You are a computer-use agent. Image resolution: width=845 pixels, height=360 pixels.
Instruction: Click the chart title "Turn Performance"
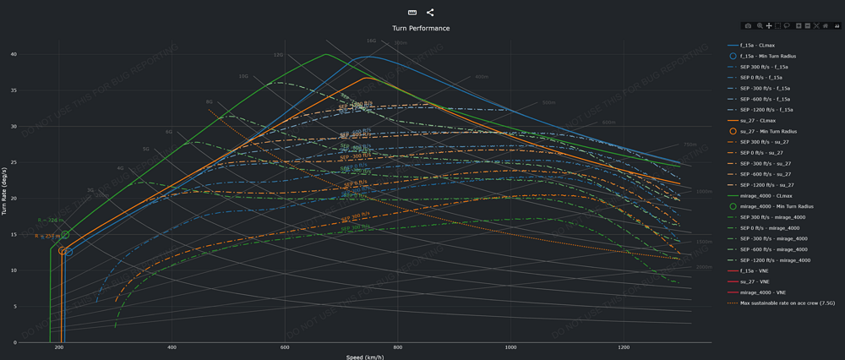pyautogui.click(x=421, y=28)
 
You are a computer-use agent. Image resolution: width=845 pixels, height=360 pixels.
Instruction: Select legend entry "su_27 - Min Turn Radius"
pyautogui.click(x=768, y=131)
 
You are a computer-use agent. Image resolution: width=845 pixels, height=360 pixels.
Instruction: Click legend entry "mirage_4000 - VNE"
pyautogui.click(x=762, y=292)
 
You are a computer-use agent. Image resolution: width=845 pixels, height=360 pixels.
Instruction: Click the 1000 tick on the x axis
pyautogui.click(x=510, y=348)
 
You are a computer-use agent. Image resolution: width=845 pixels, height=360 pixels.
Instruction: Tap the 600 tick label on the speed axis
pyautogui.click(x=285, y=348)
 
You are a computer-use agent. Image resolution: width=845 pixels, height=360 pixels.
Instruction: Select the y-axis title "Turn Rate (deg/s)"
pyautogui.click(x=4, y=198)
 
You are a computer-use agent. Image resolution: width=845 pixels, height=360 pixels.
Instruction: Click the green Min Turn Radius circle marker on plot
pyautogui.click(x=65, y=235)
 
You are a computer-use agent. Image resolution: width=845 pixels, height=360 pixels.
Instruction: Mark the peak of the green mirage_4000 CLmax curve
pyautogui.click(x=326, y=55)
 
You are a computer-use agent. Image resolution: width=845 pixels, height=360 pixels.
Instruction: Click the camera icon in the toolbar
pyautogui.click(x=748, y=26)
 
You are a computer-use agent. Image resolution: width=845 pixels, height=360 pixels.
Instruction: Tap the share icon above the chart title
pyautogui.click(x=430, y=13)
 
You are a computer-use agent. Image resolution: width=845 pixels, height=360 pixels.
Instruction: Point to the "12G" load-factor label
pyautogui.click(x=278, y=55)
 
